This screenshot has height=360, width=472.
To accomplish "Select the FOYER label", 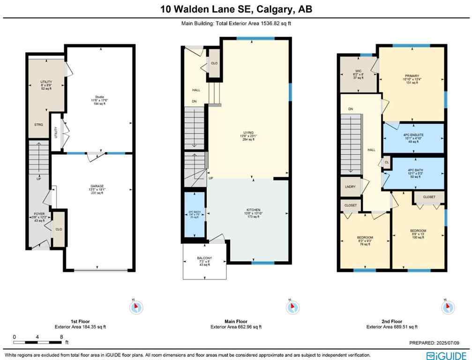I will pyautogui.click(x=39, y=214).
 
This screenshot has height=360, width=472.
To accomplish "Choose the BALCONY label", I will pyautogui.click(x=204, y=258).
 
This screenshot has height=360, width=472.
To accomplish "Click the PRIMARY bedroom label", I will pyautogui.click(x=411, y=75).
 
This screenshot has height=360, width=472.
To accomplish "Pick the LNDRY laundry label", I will pyautogui.click(x=349, y=187).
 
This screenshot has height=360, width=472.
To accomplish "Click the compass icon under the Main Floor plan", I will pyautogui.click(x=292, y=307).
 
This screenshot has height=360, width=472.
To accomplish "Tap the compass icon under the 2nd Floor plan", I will pyautogui.click(x=448, y=307).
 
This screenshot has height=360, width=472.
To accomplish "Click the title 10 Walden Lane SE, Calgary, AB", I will pyautogui.click(x=236, y=9).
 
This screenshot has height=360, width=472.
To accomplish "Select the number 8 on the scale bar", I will pyautogui.click(x=61, y=337).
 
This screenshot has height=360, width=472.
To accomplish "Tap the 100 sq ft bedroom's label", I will pyautogui.click(x=418, y=231).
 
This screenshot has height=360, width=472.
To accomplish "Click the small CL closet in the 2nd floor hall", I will pyautogui.click(x=387, y=162).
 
